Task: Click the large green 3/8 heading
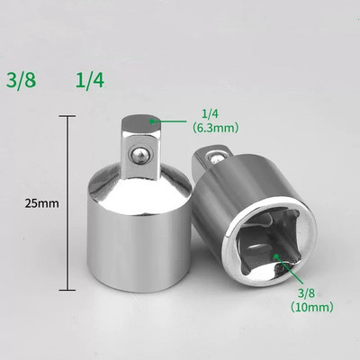tap(22, 80)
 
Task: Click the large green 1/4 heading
tap(90, 80)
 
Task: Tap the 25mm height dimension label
tap(42, 203)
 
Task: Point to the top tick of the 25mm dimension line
tap(67, 116)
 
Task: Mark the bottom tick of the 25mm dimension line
tap(67, 290)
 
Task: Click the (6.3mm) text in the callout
tap(215, 128)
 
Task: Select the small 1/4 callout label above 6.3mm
tap(210, 114)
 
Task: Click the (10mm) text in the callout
tap(312, 307)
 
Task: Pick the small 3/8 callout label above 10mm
tap(307, 293)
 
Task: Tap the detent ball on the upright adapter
tap(139, 155)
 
